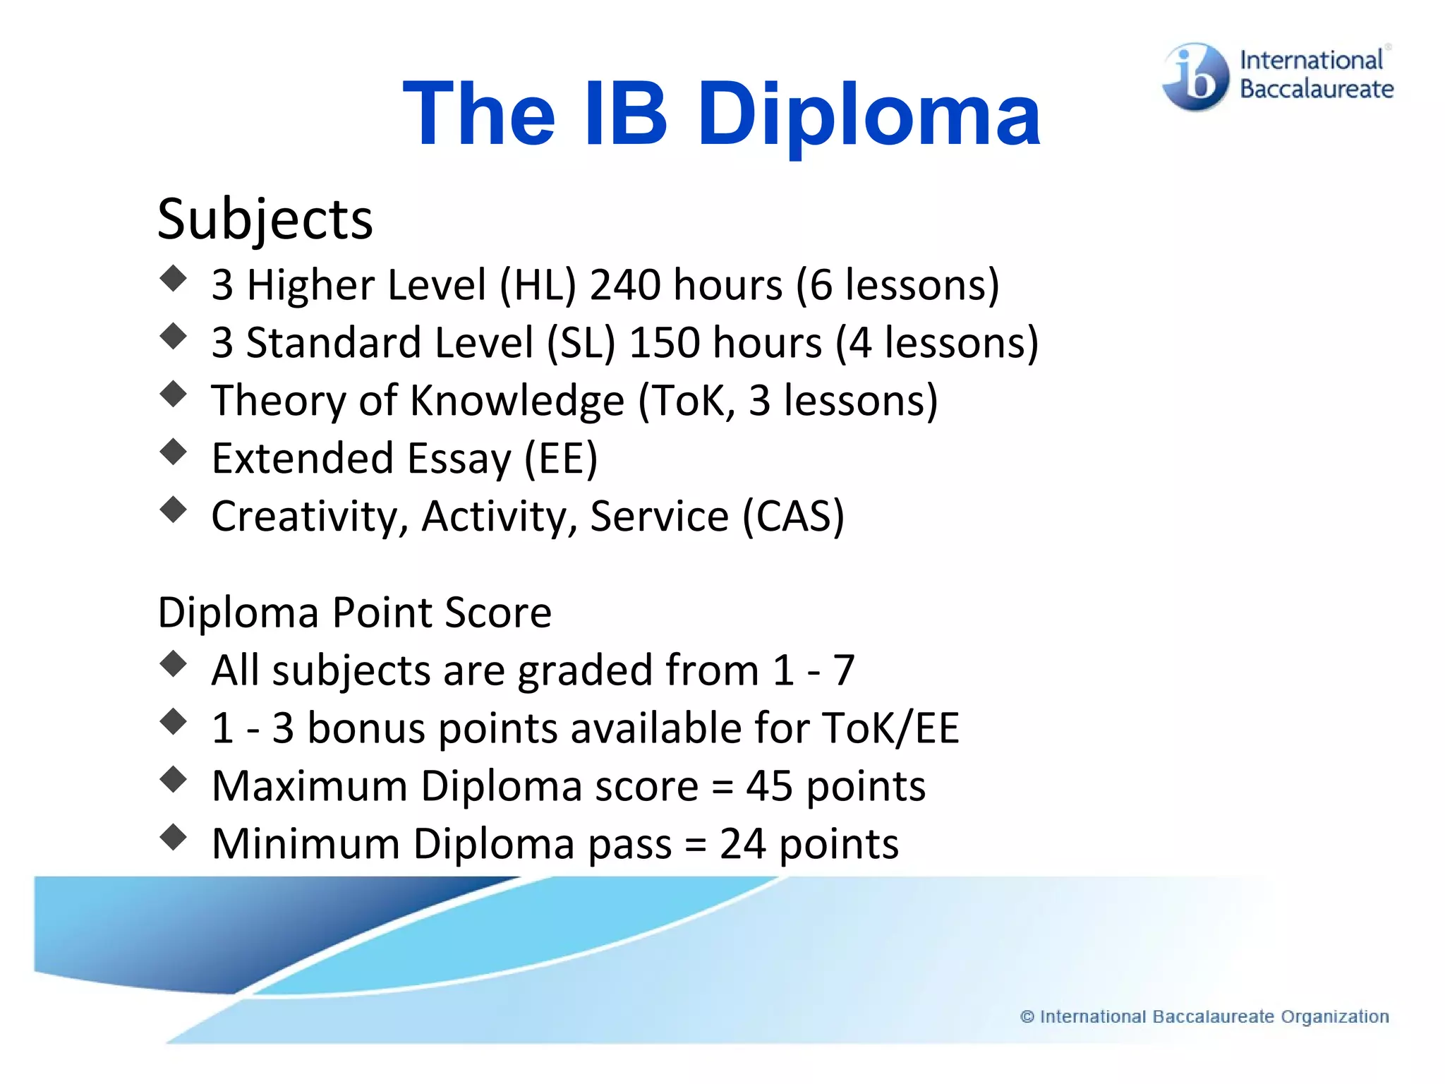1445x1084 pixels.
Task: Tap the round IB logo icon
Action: [1195, 77]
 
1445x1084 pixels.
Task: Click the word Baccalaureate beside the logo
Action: [1317, 90]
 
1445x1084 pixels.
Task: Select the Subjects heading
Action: [265, 220]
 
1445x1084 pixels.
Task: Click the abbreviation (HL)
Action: [538, 285]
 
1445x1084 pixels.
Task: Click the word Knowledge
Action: [517, 401]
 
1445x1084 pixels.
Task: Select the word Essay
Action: [459, 459]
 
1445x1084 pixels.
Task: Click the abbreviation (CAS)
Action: [793, 517]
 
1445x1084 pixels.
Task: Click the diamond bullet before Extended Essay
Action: [174, 452]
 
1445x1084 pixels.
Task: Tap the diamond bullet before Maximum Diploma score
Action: [174, 779]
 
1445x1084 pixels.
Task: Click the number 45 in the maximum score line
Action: [769, 786]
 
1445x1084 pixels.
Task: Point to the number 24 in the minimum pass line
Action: [742, 844]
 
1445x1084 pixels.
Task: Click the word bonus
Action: [366, 728]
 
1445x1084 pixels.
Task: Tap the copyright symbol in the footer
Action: [1027, 1017]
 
